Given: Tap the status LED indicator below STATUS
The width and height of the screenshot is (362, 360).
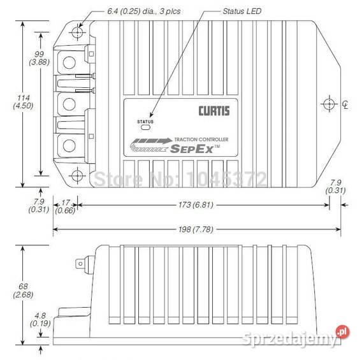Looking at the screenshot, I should pos(146,127).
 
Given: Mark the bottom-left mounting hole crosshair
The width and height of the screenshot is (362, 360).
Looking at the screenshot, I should pos(77,176).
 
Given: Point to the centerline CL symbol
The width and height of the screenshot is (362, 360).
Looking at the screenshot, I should pos(344,104).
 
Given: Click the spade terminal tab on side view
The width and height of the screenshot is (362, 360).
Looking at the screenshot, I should pos(80,263).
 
